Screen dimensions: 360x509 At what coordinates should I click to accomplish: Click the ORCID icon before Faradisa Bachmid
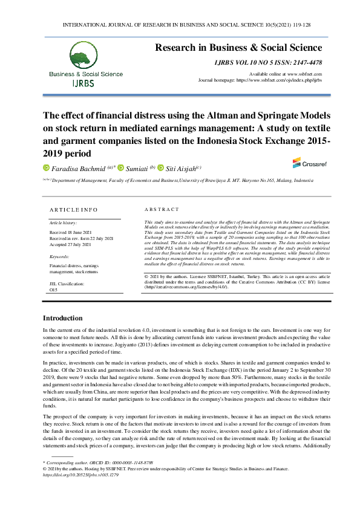(45, 168)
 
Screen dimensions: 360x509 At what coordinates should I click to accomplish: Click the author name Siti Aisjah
(181, 168)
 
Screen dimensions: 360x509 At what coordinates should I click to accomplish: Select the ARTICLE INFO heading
(73, 210)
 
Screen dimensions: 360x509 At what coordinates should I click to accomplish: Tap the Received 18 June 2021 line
(70, 232)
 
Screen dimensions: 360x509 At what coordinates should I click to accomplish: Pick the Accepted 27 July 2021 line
(70, 244)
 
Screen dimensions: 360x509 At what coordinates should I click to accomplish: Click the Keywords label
(59, 256)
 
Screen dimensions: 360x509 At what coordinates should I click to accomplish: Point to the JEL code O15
(53, 290)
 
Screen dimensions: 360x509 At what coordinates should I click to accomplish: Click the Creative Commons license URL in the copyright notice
(186, 287)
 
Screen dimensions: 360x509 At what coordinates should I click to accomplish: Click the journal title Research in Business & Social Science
(239, 48)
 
